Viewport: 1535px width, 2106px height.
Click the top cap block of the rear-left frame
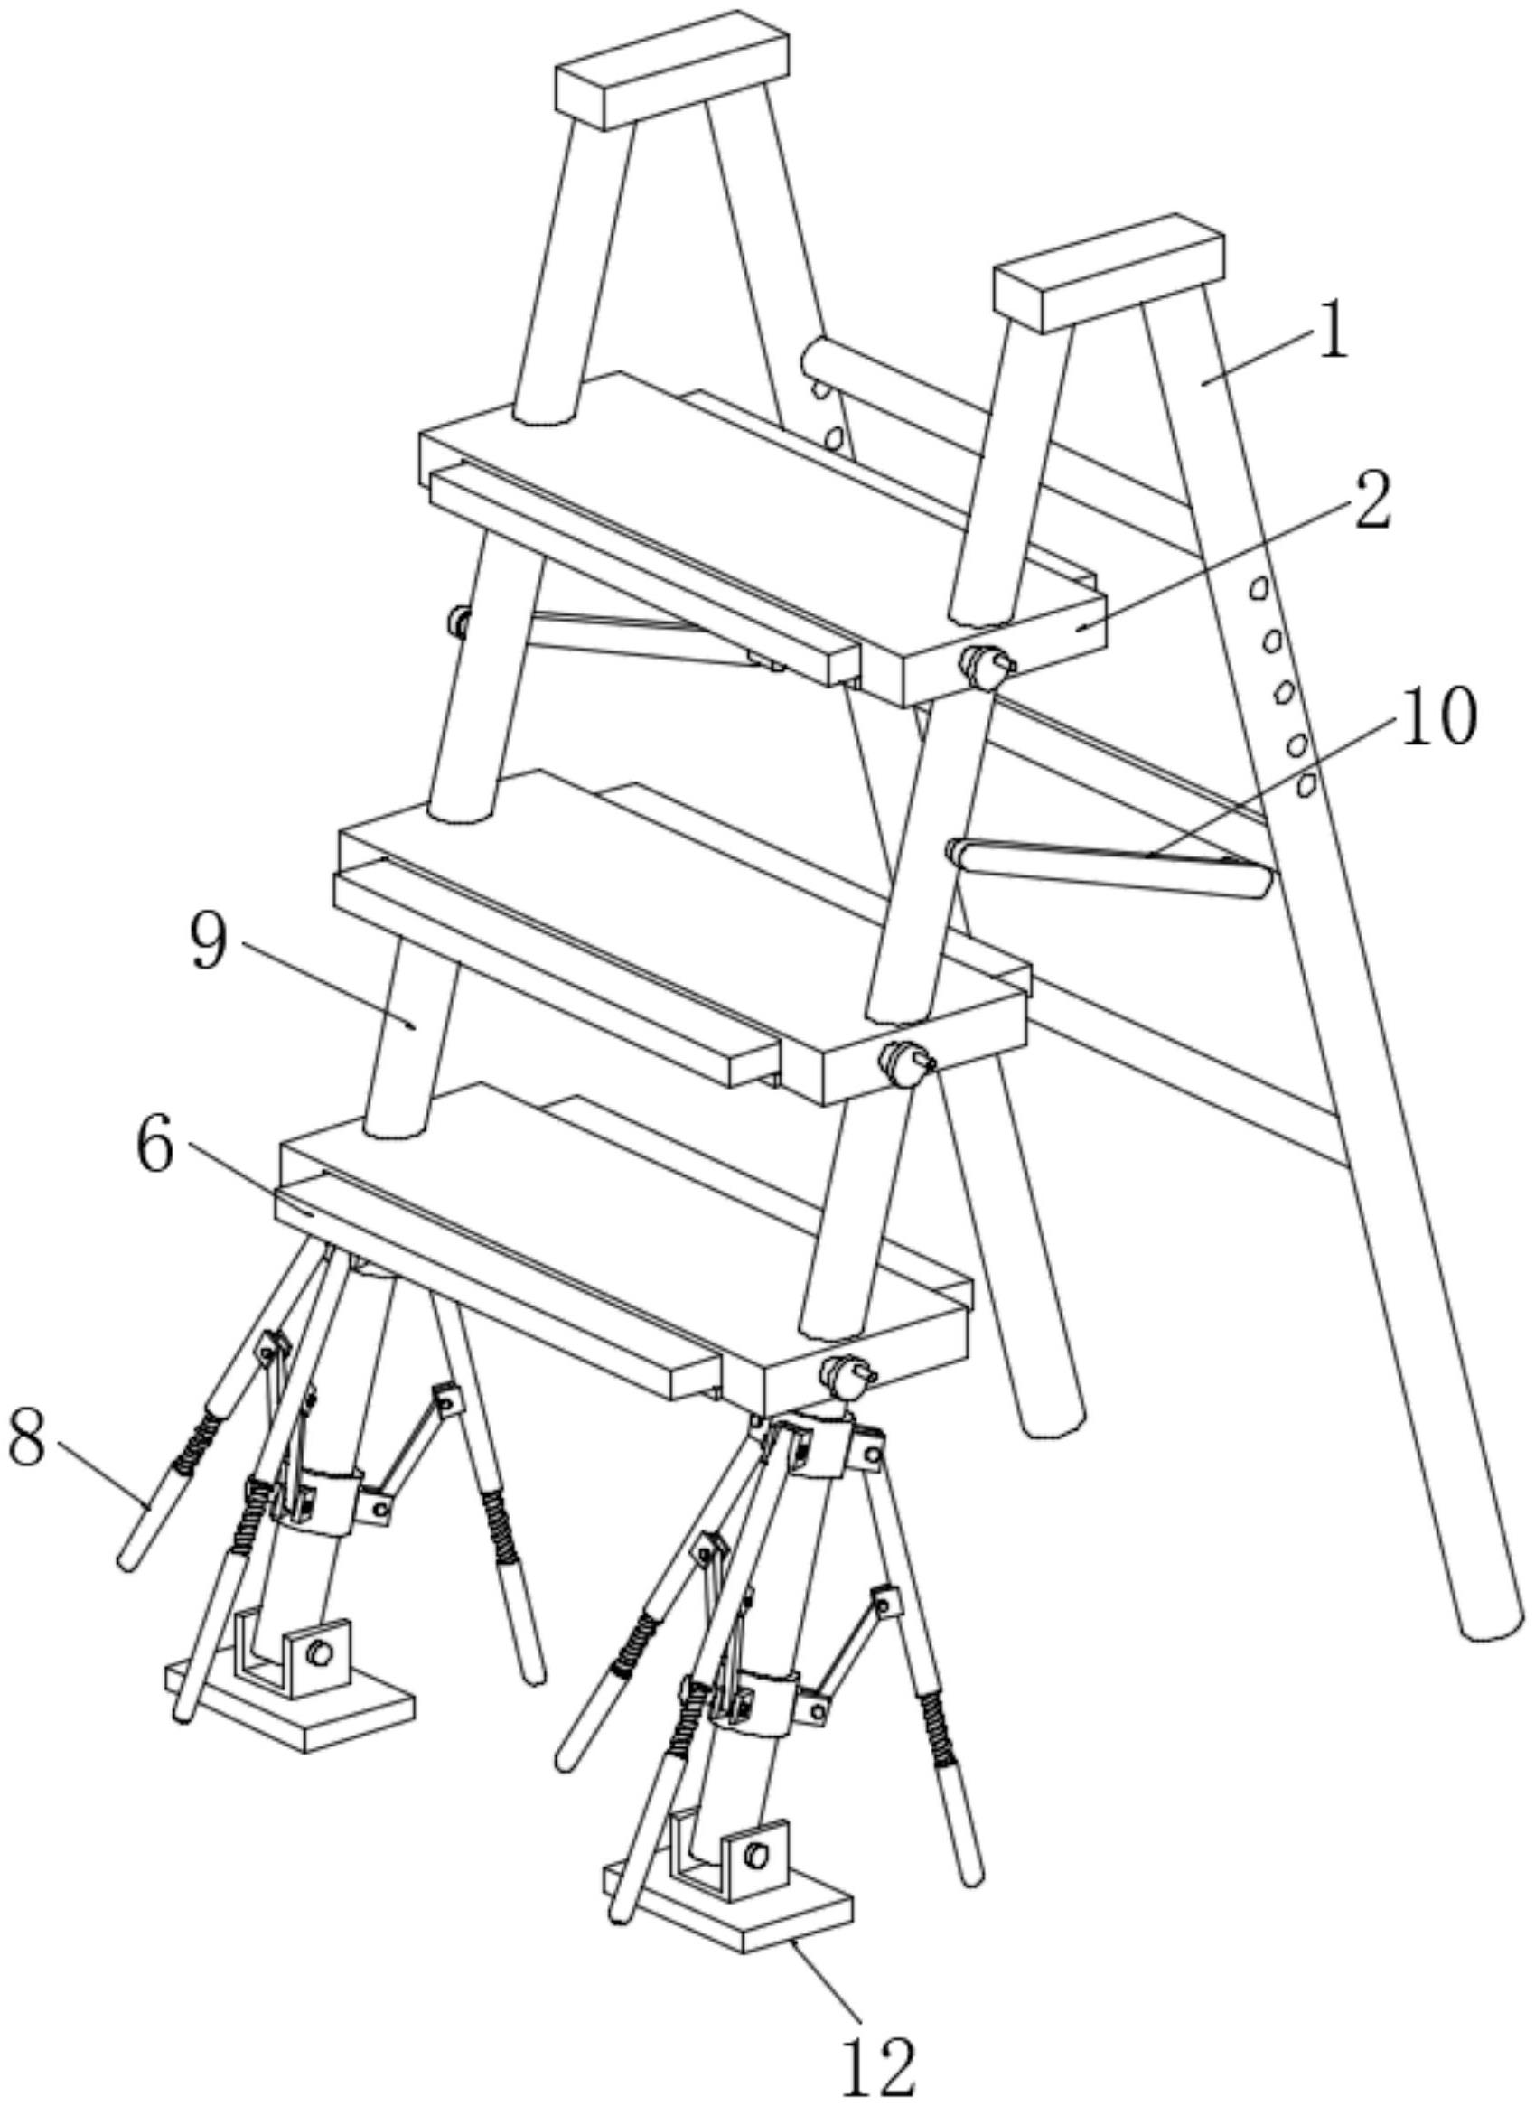pyautogui.click(x=673, y=69)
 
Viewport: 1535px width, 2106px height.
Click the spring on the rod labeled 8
pyautogui.click(x=197, y=1442)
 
